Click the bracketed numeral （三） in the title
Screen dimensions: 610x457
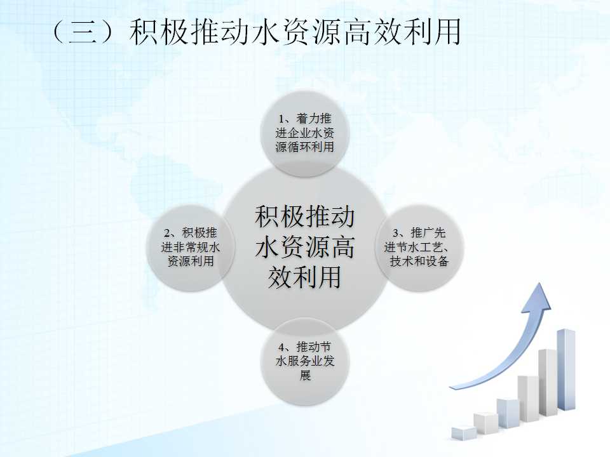coord(84,32)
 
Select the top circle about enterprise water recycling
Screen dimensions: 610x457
coord(305,133)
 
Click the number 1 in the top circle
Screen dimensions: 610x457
coord(281,119)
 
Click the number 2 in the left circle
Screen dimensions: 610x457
coord(167,233)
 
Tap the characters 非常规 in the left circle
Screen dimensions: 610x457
coord(191,247)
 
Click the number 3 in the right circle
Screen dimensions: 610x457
coord(396,233)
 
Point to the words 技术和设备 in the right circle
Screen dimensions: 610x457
coord(419,261)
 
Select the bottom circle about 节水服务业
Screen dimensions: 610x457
coord(305,361)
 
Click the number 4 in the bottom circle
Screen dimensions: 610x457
coord(281,347)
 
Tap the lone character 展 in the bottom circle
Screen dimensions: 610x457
coord(305,375)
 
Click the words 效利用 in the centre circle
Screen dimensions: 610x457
coord(304,277)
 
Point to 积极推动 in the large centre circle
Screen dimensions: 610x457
coord(304,216)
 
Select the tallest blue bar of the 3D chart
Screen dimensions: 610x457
coord(566,369)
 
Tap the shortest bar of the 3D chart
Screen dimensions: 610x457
coord(464,433)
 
